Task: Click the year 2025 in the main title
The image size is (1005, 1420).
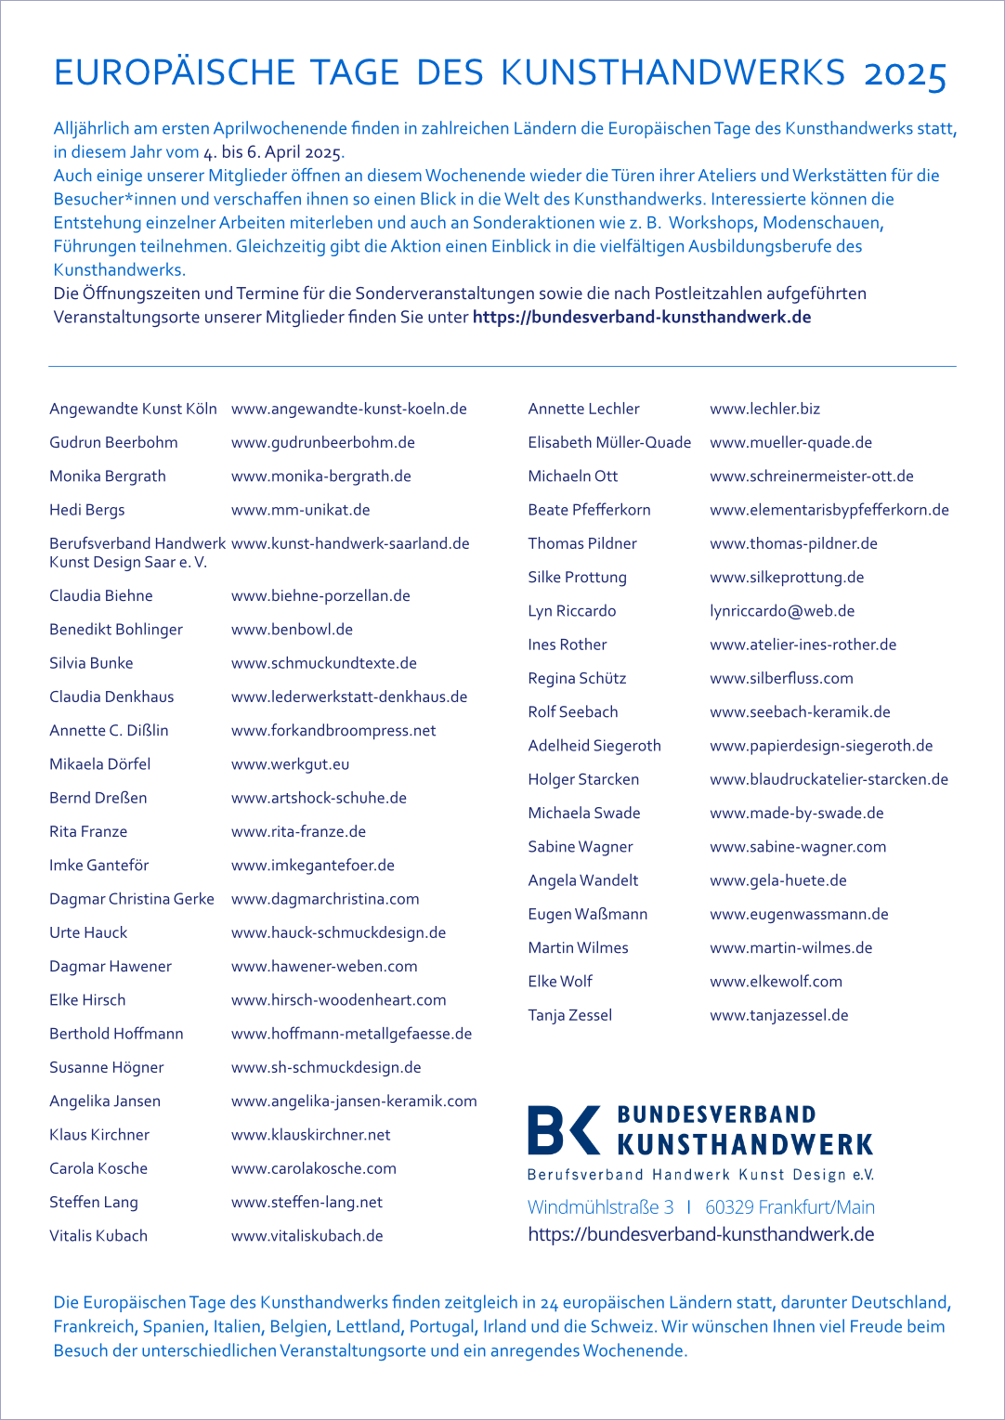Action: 905,74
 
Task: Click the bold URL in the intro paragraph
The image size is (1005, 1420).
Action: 642,318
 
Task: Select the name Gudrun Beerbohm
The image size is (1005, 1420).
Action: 113,443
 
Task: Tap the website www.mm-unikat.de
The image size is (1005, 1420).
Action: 300,510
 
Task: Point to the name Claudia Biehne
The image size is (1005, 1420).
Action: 100,596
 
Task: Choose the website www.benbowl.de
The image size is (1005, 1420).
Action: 292,630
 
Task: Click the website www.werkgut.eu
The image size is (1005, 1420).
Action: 290,764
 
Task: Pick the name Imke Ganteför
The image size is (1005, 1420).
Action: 98,866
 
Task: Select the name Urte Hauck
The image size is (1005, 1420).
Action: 88,932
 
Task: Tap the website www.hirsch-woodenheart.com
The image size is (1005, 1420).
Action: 338,1000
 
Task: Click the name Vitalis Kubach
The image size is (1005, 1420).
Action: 98,1236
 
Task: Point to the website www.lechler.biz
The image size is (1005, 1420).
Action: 764,409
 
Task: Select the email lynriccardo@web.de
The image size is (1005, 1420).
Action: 782,611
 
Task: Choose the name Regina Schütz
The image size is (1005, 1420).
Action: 577,679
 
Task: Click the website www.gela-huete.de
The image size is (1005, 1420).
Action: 777,880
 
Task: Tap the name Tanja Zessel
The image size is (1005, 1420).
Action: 569,1015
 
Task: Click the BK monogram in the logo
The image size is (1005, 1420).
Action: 563,1130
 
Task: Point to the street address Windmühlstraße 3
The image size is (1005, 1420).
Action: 600,1207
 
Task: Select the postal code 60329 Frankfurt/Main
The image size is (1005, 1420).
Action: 790,1207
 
